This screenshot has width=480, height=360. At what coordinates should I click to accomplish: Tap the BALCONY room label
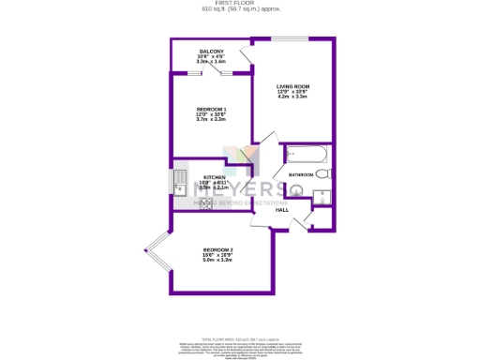click(x=211, y=52)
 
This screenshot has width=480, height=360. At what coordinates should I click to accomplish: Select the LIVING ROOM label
click(x=292, y=86)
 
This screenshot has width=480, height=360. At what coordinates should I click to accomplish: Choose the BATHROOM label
click(x=300, y=175)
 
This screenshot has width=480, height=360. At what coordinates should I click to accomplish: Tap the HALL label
click(x=281, y=210)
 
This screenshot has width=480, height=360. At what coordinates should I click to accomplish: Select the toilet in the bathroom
click(x=322, y=174)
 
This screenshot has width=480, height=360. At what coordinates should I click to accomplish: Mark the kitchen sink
click(x=179, y=180)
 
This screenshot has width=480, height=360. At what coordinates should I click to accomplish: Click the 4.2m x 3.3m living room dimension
click(x=292, y=97)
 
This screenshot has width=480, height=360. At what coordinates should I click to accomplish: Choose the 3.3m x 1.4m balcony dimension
click(x=211, y=62)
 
